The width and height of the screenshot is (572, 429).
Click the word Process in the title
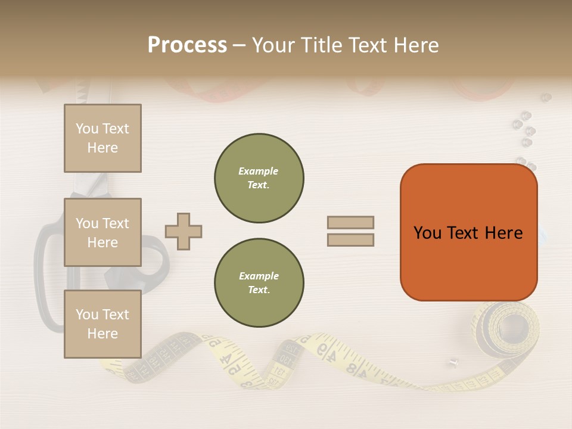point(187,45)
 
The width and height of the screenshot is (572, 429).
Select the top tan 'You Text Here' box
point(102,138)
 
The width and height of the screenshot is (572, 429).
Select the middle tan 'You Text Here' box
point(102,232)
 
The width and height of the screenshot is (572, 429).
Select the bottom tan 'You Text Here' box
point(102,324)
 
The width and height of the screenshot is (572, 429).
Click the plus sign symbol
point(184,231)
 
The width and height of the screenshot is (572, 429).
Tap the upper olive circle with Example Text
point(259,178)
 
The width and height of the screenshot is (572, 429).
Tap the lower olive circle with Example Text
point(259,283)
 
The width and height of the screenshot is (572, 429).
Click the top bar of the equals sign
point(350,222)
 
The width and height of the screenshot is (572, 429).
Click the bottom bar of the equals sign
point(350,240)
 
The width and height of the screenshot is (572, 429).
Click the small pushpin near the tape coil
point(454,361)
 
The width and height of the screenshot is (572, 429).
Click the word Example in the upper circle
point(259,171)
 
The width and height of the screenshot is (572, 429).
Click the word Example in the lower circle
point(259,276)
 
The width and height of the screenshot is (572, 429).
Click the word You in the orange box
point(427,233)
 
